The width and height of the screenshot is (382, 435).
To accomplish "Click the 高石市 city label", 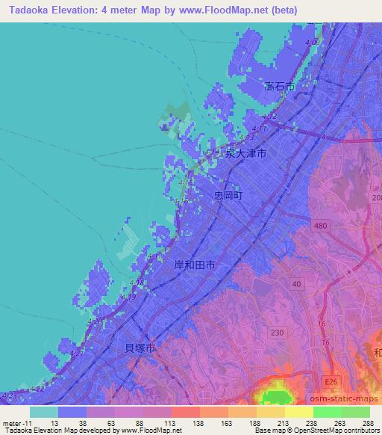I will tap(280, 87).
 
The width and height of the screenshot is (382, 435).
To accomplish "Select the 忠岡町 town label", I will tap(228, 194).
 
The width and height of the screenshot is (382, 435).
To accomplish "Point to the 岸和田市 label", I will tap(195, 265).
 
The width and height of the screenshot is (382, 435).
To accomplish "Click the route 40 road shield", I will tap(297, 284).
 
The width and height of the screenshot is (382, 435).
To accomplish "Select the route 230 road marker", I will tap(277, 333).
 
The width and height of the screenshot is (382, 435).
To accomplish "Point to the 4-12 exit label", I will tap(269, 117).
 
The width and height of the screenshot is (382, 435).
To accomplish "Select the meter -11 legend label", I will tap(16, 422).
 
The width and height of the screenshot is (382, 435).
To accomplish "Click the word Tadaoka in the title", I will tap(31, 11).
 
